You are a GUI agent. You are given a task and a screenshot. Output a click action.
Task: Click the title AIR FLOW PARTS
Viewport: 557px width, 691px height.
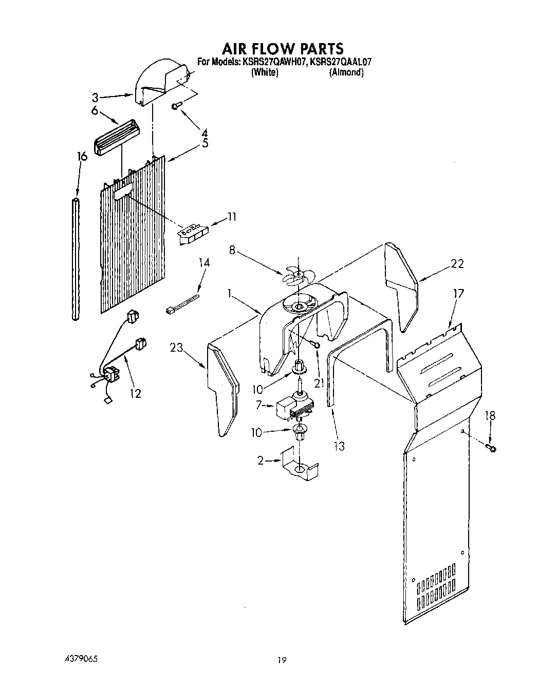point(282,49)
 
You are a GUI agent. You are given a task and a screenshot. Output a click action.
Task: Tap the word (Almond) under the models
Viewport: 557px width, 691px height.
point(346,72)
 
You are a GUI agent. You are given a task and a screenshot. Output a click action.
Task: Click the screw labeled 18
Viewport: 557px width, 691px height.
point(492,449)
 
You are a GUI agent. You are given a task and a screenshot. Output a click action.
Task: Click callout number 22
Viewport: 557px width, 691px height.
point(457,263)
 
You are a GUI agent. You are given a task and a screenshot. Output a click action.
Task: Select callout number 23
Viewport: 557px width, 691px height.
point(178,348)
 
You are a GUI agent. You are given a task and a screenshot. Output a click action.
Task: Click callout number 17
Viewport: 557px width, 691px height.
point(458,294)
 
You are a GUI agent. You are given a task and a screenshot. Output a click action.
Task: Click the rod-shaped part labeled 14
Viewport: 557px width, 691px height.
point(182,304)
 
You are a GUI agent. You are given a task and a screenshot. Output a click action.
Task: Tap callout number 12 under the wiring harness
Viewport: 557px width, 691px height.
point(135,393)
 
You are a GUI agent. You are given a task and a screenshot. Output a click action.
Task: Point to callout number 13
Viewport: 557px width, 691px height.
point(339,445)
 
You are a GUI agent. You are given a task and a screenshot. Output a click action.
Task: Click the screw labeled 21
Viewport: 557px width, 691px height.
point(317,345)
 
